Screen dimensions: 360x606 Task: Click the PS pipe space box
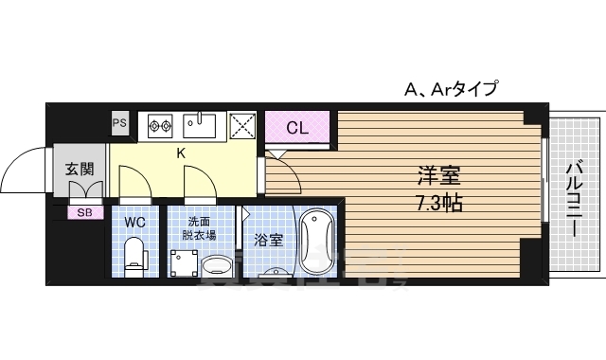point(120,123)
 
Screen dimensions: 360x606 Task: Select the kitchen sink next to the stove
point(201,124)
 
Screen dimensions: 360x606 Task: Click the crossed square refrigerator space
point(241,125)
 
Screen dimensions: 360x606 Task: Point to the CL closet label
point(296,127)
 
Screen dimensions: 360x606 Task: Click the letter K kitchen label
point(180,151)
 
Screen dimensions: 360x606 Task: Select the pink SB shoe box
point(84,211)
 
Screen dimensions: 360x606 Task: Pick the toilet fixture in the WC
point(134,255)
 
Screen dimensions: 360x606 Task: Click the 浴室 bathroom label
point(268,240)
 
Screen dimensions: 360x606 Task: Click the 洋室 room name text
point(439,175)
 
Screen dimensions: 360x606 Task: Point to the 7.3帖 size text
point(439,202)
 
